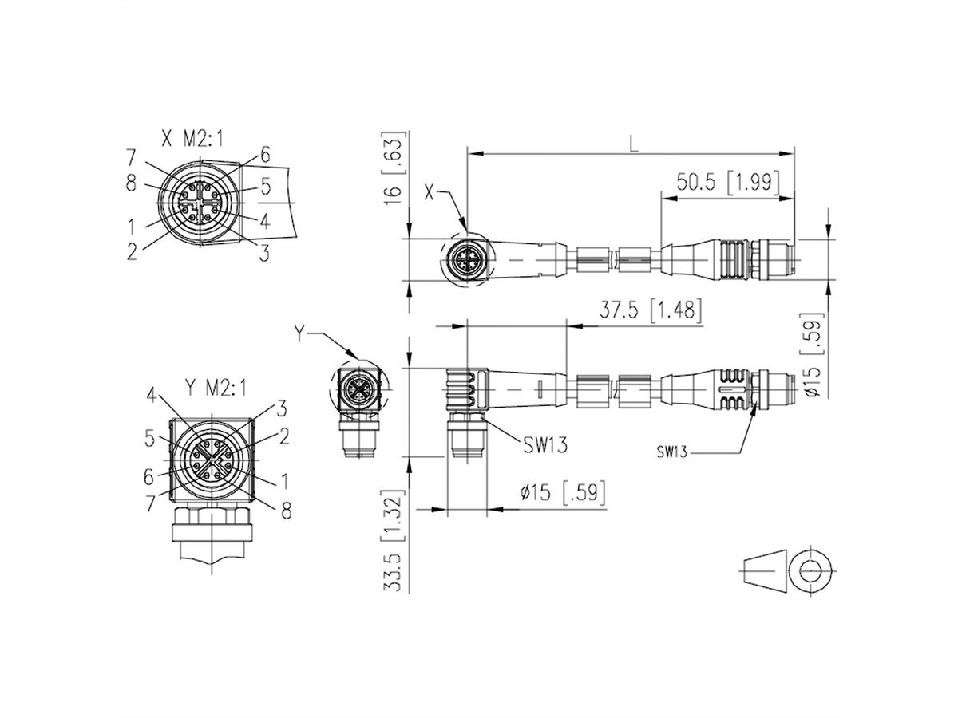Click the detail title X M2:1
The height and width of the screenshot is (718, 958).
(x=192, y=140)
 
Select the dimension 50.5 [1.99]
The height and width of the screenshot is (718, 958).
(x=727, y=182)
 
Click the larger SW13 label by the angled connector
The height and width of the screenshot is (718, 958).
(x=546, y=445)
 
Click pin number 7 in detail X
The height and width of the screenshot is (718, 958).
(x=130, y=156)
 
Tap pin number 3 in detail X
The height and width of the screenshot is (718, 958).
(x=264, y=251)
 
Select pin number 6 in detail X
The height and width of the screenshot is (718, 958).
(x=264, y=156)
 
